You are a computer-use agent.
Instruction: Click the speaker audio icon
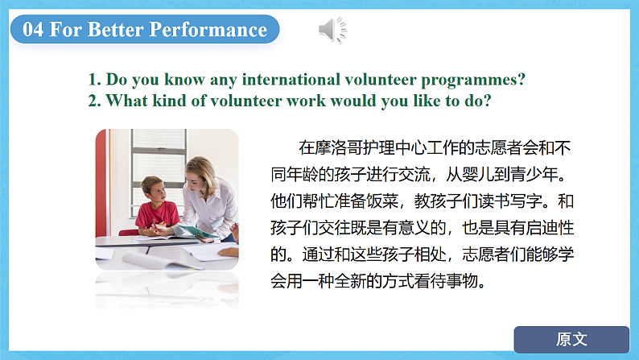point(332,30)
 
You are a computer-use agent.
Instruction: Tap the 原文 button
point(571,339)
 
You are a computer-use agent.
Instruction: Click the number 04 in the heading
point(33,29)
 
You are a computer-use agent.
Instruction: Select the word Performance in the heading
point(208,29)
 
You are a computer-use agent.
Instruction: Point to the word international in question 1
point(291,79)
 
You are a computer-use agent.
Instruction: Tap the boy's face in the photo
point(157,191)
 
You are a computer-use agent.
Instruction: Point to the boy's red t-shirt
point(157,215)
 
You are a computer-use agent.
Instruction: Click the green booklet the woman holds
point(195,231)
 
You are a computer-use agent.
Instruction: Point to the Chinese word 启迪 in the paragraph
point(541,227)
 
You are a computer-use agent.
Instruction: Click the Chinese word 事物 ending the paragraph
point(462,281)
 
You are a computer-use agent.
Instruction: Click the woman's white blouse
point(212,208)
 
